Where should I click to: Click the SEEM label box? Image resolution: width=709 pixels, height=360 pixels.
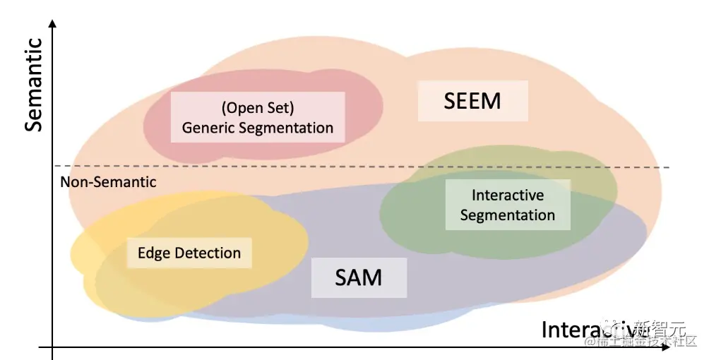coord(472,101)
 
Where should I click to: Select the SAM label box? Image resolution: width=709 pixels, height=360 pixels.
coord(359,277)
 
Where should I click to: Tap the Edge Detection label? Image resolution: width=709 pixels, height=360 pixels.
coord(189,253)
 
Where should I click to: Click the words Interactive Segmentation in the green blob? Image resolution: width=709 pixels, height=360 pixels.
coord(508,205)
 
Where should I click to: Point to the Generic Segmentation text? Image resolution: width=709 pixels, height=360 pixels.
coord(257,128)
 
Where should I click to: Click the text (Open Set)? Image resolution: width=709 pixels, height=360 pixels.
coord(257,109)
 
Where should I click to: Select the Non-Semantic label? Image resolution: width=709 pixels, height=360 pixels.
coord(108,182)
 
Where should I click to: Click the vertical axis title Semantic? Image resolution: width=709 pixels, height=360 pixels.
coord(34,85)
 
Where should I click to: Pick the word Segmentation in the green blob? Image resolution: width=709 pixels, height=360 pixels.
coord(508,215)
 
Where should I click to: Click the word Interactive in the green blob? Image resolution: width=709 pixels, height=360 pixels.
coord(508,195)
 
